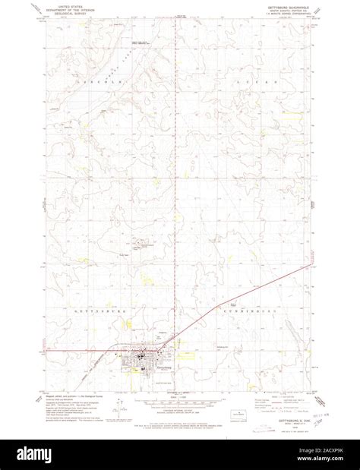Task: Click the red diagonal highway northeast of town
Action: pos(243,304)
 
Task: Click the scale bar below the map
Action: pos(178,397)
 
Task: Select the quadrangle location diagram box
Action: pos(236,402)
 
